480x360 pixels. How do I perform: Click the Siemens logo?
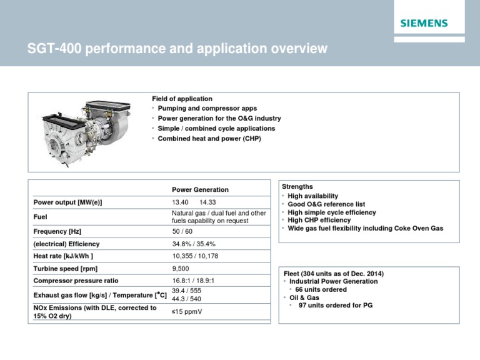pyautogui.click(x=424, y=23)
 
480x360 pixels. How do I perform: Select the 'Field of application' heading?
pyautogui.click(x=182, y=99)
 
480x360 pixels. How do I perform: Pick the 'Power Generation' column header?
pyautogui.click(x=200, y=189)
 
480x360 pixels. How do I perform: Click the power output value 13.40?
pyautogui.click(x=181, y=202)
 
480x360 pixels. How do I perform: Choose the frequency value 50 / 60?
pyautogui.click(x=182, y=231)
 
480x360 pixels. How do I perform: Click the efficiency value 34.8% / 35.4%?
pyautogui.click(x=194, y=244)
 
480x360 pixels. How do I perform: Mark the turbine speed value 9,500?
pyautogui.click(x=180, y=269)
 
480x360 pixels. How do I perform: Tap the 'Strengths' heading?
pyautogui.click(x=297, y=186)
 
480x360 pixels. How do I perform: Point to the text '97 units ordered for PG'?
pyautogui.click(x=337, y=306)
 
